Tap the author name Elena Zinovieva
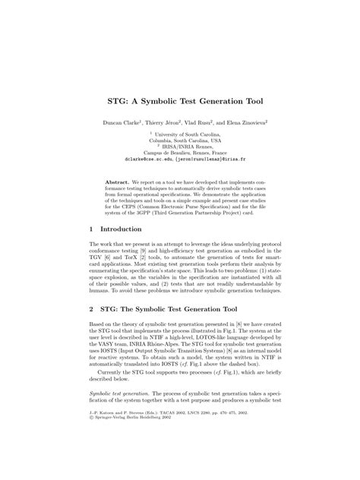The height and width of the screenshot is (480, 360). click(x=251, y=121)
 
